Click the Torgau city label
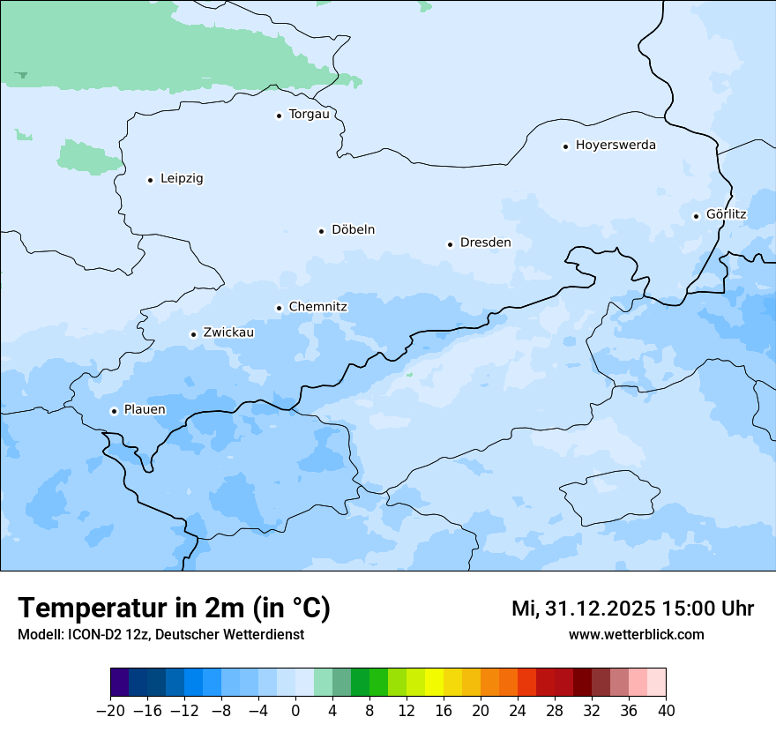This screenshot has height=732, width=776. pos(309,115)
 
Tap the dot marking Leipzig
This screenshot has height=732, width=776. pos(150,180)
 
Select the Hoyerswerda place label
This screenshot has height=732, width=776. pos(616,146)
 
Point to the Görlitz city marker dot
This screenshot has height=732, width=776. pos(696,215)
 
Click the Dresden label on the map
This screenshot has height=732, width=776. pos(485,243)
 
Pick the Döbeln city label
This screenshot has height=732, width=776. pos(353,230)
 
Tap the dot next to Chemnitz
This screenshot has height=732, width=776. pos(279,308)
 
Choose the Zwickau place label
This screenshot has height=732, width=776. pos(228,333)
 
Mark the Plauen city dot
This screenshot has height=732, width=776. pos(114,411)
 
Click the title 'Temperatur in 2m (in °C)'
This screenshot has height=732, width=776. pos(174,609)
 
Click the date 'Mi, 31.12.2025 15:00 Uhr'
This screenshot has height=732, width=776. pos(632,609)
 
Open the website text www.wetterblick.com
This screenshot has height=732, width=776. pos(636,635)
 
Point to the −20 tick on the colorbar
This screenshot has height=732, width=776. pos(110,710)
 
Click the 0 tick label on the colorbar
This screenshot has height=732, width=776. pos(295,710)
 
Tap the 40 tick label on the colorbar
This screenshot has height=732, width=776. pos(666,710)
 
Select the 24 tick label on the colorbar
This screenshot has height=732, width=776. pos(518,710)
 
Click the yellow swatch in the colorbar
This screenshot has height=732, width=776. pos(434,683)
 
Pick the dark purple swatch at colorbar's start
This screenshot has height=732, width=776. pos(119,683)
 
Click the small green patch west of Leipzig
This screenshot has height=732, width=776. pos(88,158)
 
